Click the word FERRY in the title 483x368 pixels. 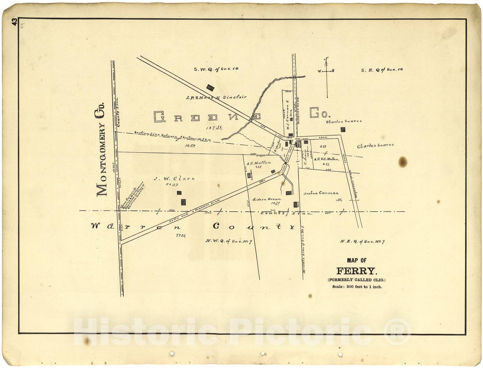tap(357, 271)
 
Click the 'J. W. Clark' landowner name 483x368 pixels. tap(174, 179)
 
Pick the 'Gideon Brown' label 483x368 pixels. tap(267, 199)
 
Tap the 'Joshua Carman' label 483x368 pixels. tap(321, 193)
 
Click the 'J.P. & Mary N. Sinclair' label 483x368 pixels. tap(216, 97)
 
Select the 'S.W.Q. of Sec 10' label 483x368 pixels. tap(216, 69)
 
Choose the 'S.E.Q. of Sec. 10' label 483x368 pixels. tap(382, 70)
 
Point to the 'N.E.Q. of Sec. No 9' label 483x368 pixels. tap(362, 242)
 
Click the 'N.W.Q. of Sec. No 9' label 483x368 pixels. tap(229, 241)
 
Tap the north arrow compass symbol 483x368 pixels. tap(327, 77)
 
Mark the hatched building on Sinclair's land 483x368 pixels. tap(210, 88)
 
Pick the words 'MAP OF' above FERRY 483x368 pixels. tap(357, 260)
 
